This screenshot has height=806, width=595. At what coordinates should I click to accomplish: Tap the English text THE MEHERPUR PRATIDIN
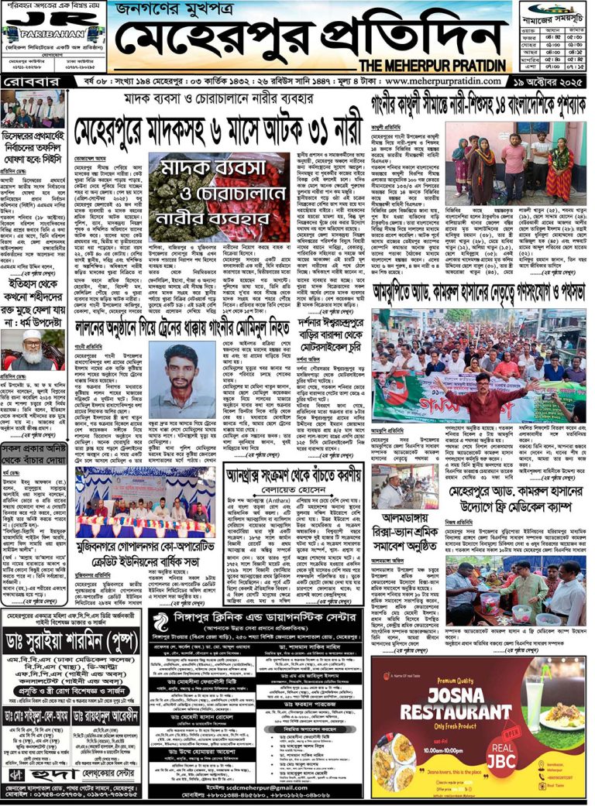click(434, 65)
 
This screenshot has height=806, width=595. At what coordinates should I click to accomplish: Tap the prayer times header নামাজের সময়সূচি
click(552, 12)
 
